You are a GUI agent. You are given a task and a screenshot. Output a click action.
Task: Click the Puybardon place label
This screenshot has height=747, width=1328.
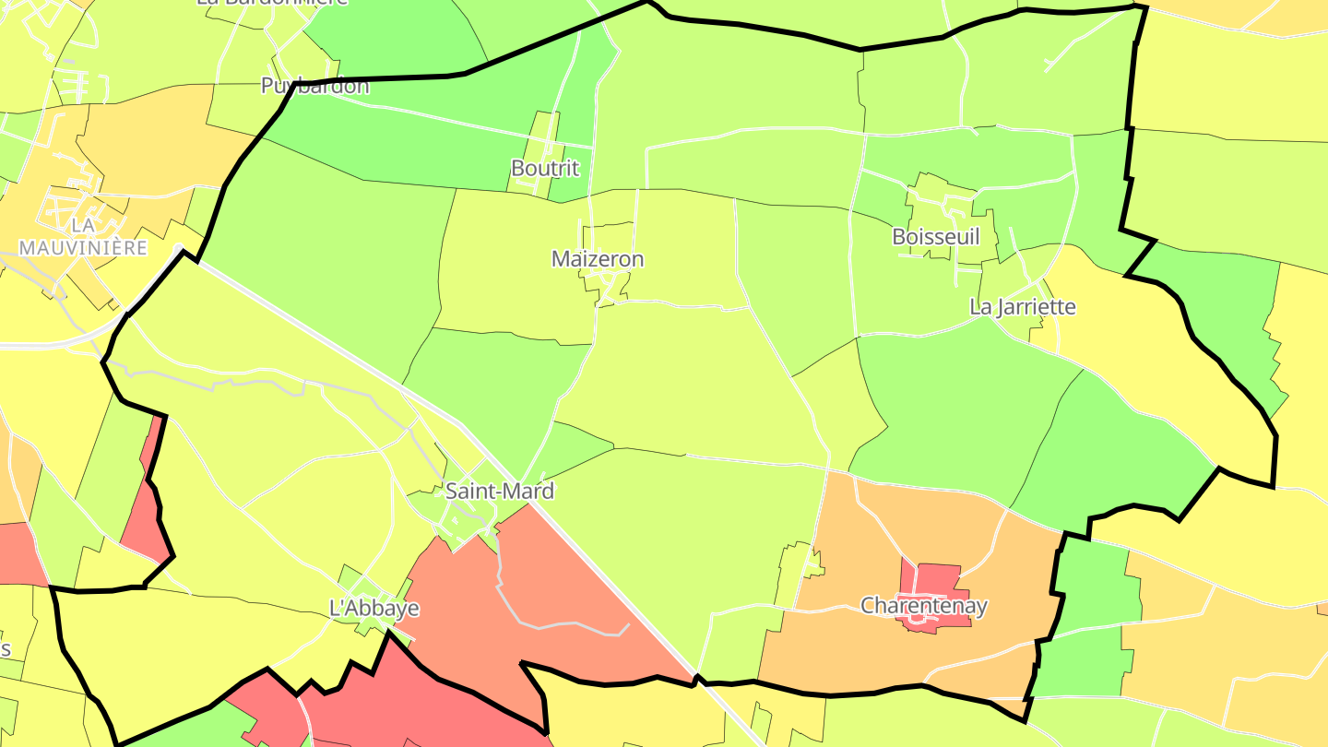[314, 87]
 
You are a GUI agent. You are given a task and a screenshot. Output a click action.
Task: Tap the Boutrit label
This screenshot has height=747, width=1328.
[545, 168]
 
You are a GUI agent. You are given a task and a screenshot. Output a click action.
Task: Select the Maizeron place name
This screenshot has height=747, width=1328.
[598, 259]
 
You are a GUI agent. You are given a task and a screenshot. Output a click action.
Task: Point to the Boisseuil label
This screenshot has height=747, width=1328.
[935, 236]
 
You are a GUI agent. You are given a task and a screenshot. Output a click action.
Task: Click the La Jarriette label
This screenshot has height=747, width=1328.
[1023, 306]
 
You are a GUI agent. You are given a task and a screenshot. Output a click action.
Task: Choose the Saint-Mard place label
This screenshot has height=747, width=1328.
[500, 491]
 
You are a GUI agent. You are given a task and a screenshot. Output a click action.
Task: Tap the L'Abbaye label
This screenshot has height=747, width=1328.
[374, 609]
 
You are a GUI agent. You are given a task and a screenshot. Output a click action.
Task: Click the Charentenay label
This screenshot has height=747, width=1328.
[924, 606]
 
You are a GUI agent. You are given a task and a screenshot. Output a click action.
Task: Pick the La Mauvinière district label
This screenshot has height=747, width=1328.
[83, 236]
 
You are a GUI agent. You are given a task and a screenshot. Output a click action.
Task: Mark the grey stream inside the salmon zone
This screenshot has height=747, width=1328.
[553, 625]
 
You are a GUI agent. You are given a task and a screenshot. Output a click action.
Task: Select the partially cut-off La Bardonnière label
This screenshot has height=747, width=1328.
[260, 3]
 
